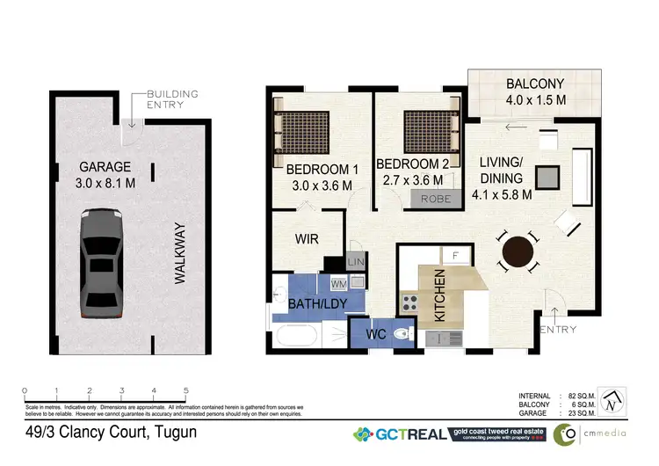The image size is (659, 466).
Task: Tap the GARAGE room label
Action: pos(105,166)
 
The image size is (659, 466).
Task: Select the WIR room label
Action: pos(306,238)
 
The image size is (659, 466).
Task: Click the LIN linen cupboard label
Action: pos(355,263)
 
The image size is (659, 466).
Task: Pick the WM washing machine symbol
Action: pos(339,283)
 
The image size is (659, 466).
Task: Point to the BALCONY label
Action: pos(534,84)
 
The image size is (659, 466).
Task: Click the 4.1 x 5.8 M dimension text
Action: pos(503,195)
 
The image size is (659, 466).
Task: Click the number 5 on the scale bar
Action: pos(185,390)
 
